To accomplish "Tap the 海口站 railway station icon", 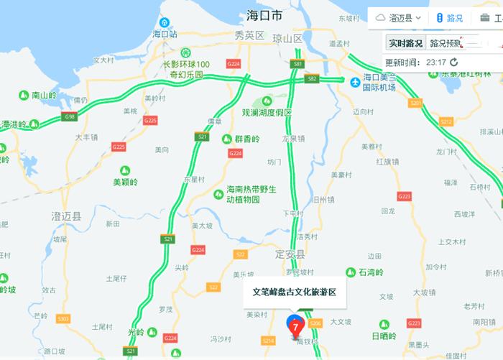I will [165, 23].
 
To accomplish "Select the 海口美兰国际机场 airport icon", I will [354, 83].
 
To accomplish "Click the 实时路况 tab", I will [406, 42].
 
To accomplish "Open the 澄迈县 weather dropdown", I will [395, 18].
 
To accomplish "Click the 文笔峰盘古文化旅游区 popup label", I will [294, 292].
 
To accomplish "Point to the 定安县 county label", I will [292, 254].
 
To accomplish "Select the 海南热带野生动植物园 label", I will [246, 194].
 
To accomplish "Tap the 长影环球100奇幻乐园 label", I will [185, 69].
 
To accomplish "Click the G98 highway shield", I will [70, 116].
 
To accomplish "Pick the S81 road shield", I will [297, 65].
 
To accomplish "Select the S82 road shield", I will [311, 79].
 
